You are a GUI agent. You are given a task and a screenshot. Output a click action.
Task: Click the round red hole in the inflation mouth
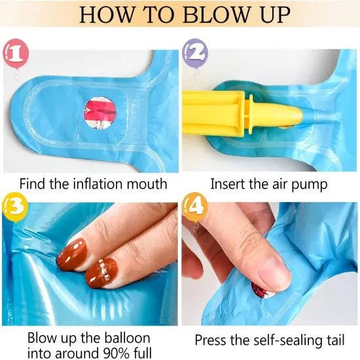[x=99, y=113]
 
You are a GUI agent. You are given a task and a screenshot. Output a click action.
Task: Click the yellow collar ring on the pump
[x=250, y=114]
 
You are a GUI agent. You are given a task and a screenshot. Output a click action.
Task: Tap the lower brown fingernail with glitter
[x=101, y=272]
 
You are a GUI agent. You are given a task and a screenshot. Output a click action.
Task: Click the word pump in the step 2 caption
[x=309, y=185]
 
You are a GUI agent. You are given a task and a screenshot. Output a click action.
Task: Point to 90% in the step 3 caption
[x=115, y=353]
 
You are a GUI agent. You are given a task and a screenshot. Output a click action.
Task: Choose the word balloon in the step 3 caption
[x=127, y=338]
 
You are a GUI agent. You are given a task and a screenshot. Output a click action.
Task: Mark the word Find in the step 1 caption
[x=33, y=184]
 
